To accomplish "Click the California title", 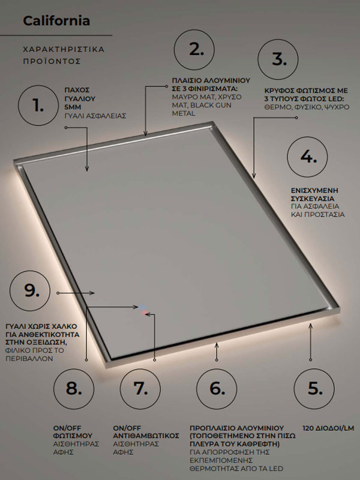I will (56, 21).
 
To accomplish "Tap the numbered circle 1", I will (39, 106).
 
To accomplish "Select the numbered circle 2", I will (197, 50).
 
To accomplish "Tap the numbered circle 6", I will (217, 388).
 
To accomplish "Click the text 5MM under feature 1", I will (73, 107).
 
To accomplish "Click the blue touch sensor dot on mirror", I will (142, 306).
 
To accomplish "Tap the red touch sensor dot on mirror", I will (145, 313).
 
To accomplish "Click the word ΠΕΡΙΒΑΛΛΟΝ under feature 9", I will (29, 358).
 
